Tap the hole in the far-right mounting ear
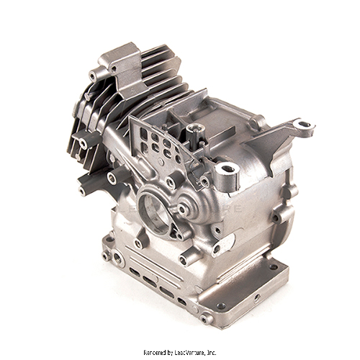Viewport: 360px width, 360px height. (305, 125)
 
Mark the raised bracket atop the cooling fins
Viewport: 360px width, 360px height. (120, 58)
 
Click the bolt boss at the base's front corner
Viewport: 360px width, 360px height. (207, 318)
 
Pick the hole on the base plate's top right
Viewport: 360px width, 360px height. (273, 266)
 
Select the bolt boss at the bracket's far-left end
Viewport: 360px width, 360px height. (94, 74)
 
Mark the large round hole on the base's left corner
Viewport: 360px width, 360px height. (107, 240)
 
